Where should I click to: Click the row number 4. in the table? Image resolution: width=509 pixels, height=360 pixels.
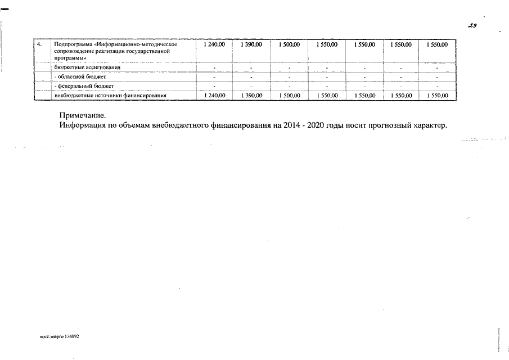tap(39, 44)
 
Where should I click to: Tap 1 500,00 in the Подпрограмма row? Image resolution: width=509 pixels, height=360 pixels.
tap(289, 44)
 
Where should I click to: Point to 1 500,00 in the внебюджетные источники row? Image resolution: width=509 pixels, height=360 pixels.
tap(289, 96)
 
